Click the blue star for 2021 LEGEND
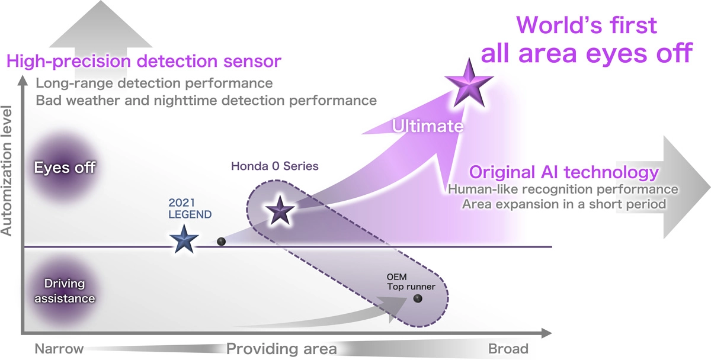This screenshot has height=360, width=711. point(184,240)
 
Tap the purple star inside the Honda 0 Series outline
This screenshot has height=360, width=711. point(279,211)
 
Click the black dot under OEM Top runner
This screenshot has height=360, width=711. point(418,299)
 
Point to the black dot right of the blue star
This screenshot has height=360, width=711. point(222,242)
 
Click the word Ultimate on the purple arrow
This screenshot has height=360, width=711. point(427,126)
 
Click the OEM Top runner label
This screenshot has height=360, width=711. point(411,282)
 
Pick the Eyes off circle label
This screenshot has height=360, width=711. point(65,168)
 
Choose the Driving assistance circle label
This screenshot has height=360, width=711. point(64,291)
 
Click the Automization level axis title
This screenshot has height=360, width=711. point(8,171)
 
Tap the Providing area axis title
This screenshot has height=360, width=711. point(281,348)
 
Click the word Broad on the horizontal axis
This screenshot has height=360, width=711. point(508,348)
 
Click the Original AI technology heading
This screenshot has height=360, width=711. point(564,172)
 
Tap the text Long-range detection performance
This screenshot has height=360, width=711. point(154,83)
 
